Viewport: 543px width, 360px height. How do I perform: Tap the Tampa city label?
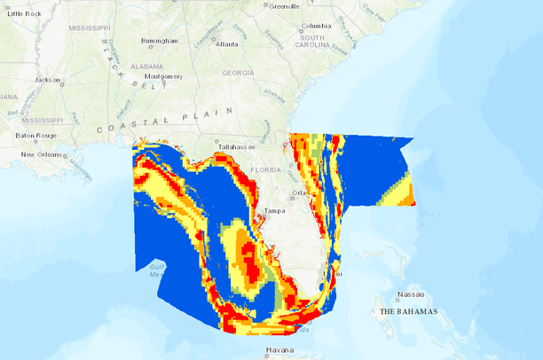(275, 211)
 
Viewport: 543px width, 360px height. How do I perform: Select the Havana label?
(279, 352)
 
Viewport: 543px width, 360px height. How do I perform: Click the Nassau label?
(410, 295)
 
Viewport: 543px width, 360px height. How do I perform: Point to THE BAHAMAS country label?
(409, 312)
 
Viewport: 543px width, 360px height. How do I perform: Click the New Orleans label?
(40, 154)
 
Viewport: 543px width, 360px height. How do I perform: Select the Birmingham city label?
(159, 41)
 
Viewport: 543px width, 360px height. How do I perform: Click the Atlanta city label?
(226, 43)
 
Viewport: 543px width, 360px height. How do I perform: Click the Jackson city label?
(47, 80)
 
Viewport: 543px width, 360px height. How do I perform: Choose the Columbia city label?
(316, 27)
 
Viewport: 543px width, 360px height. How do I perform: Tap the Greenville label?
(284, 5)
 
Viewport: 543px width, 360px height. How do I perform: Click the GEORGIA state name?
(238, 73)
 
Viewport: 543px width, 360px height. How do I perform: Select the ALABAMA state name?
(146, 66)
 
